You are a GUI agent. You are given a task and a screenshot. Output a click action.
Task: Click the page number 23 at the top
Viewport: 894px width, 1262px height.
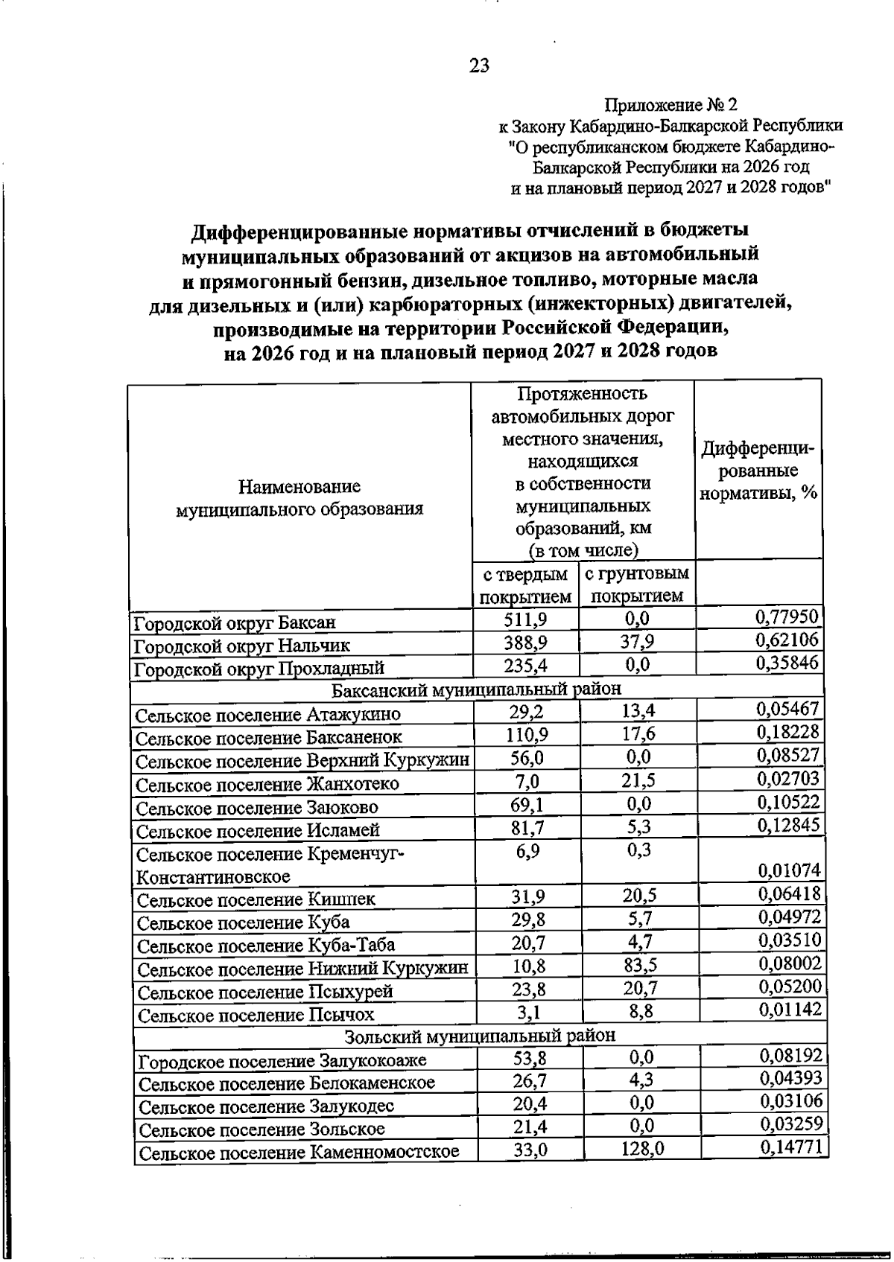pyautogui.click(x=479, y=66)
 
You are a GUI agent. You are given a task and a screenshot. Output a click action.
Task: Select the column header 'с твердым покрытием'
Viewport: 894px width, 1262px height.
pyautogui.click(x=525, y=585)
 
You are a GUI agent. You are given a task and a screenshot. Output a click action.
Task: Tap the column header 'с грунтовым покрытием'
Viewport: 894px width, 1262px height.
pyautogui.click(x=636, y=585)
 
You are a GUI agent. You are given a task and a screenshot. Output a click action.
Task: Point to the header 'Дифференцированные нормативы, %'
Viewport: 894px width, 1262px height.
pyautogui.click(x=758, y=471)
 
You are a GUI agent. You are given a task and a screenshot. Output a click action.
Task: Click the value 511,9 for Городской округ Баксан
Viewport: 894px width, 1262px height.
pyautogui.click(x=526, y=619)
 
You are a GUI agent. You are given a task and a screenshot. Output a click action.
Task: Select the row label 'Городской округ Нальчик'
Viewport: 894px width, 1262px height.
pyautogui.click(x=242, y=646)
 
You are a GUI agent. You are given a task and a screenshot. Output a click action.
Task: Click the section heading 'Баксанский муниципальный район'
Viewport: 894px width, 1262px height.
pyautogui.click(x=476, y=689)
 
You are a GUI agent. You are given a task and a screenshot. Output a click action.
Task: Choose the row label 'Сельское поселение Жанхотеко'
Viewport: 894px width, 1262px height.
pyautogui.click(x=268, y=784)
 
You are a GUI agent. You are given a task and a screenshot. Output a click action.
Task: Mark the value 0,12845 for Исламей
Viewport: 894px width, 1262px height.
pyautogui.click(x=788, y=825)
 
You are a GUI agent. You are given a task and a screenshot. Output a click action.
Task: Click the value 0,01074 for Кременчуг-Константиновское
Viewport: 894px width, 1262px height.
pyautogui.click(x=789, y=870)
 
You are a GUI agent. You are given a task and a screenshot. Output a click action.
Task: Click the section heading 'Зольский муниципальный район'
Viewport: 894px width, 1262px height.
pyautogui.click(x=480, y=1036)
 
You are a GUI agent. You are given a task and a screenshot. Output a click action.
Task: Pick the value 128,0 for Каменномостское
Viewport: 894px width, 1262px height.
pyautogui.click(x=642, y=1150)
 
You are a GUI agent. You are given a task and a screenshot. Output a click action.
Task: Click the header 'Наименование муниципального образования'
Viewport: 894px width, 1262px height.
pyautogui.click(x=299, y=497)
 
